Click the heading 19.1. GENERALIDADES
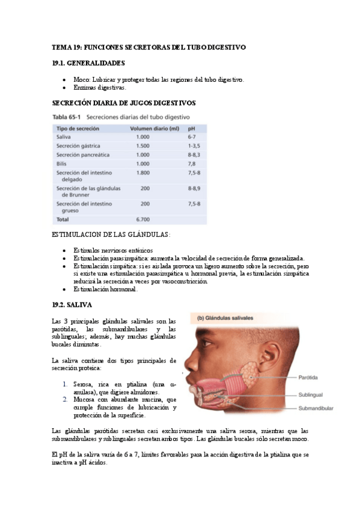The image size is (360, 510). [88, 63]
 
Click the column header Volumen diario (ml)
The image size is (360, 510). [155, 128]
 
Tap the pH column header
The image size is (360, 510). [191, 128]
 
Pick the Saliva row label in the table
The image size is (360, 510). [64, 137]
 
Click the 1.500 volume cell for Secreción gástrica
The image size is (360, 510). [142, 146]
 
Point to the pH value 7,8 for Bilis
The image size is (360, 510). [191, 163]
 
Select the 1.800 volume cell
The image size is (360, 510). [142, 172]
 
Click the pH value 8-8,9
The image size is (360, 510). [194, 188]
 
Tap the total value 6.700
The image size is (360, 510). [142, 220]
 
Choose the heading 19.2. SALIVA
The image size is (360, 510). [72, 305]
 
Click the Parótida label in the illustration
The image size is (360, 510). [309, 377]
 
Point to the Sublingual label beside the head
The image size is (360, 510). [311, 395]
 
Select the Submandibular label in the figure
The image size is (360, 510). [316, 408]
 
